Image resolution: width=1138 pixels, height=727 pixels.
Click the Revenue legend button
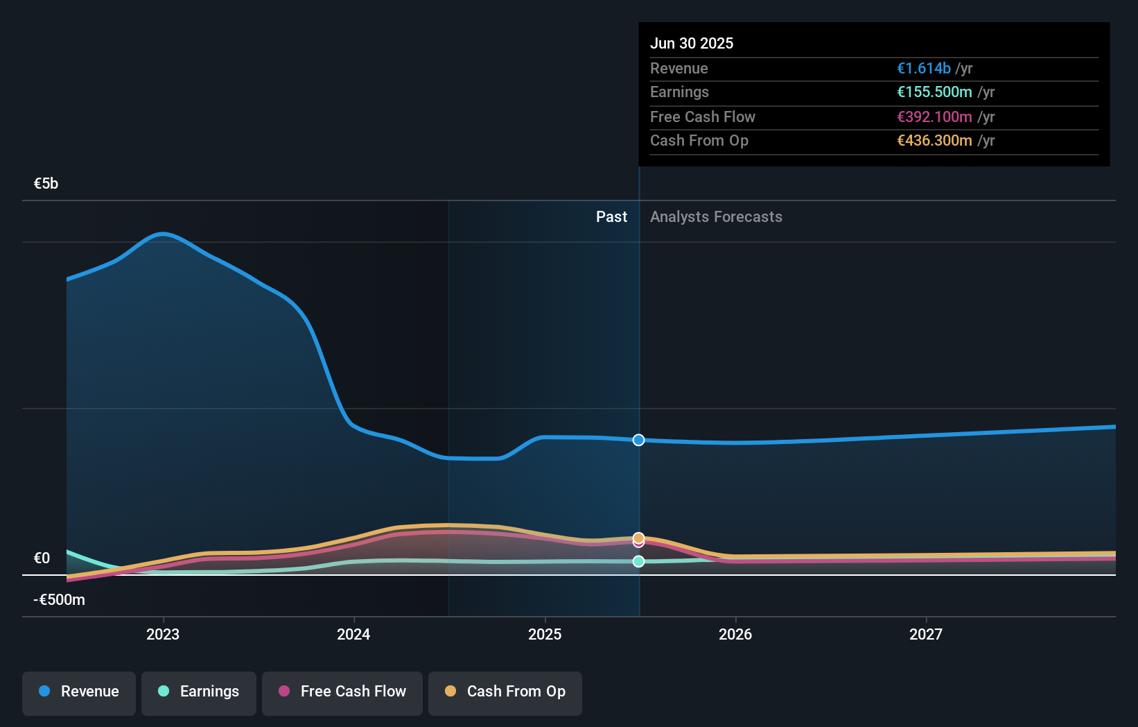tap(79, 692)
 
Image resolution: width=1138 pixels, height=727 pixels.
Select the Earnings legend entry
tap(199, 692)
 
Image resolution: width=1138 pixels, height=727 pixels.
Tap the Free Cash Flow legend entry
tap(342, 692)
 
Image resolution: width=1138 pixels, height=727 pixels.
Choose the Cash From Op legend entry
tap(505, 692)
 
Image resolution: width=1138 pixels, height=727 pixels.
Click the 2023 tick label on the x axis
tap(163, 634)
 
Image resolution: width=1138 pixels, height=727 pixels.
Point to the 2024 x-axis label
tap(353, 634)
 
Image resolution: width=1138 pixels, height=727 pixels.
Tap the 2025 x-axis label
tap(545, 634)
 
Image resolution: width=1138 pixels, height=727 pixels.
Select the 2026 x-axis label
tap(735, 634)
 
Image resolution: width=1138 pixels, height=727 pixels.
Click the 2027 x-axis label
tap(926, 634)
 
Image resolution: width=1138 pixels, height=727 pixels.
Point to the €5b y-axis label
tap(46, 184)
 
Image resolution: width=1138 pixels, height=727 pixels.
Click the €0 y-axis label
tap(42, 558)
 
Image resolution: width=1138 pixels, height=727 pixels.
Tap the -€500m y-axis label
tap(59, 600)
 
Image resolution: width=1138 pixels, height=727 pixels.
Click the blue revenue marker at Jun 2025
tap(638, 440)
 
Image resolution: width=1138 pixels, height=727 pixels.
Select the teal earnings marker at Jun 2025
tap(638, 561)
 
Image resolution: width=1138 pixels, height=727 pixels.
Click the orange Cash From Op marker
tap(638, 538)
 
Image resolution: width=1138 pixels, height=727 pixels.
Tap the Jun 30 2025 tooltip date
tap(691, 43)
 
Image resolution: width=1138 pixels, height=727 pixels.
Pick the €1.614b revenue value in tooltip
tap(923, 68)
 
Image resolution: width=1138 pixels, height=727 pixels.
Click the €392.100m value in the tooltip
tap(934, 117)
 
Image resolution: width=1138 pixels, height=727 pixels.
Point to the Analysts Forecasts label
tap(716, 217)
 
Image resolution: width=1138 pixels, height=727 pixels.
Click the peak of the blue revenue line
tap(163, 234)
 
